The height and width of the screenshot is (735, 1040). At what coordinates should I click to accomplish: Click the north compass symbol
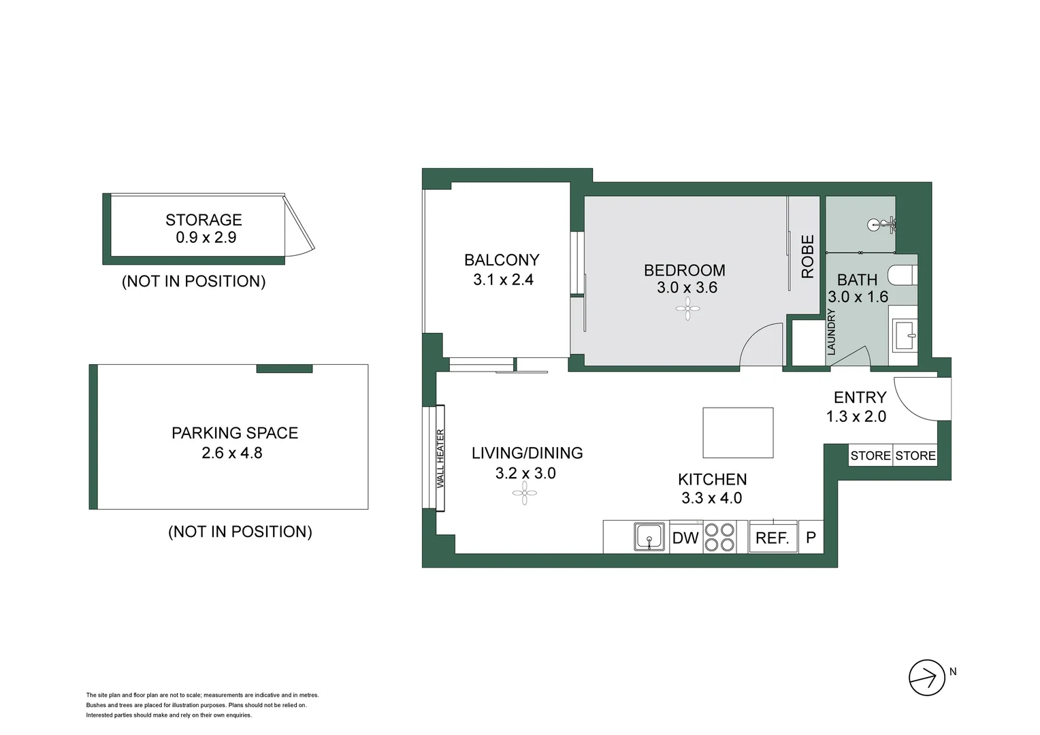coord(927,678)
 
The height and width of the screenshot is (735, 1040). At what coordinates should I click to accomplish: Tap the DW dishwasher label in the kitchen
coord(685,538)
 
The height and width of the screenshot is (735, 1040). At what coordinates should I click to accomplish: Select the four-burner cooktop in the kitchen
coord(719,537)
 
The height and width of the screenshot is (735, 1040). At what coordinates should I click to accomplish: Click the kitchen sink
coord(649,537)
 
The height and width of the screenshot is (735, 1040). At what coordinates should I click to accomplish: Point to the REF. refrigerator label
coord(773,538)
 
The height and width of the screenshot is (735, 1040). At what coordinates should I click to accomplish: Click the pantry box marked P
coord(811,538)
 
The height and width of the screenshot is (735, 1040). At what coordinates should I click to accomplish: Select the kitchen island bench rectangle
coord(738,433)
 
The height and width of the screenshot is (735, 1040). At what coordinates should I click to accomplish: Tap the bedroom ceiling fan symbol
coord(687,309)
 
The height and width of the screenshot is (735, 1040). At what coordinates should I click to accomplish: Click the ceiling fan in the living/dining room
coord(524,493)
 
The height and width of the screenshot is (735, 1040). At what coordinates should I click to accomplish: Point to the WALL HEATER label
coord(440,458)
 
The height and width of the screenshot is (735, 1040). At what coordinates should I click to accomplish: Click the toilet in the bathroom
coord(903,275)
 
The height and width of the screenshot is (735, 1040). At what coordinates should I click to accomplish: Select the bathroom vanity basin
coord(904,336)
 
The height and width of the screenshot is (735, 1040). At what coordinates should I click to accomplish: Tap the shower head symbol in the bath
coord(881,225)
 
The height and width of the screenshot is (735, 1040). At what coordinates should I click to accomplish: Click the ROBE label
coord(808,257)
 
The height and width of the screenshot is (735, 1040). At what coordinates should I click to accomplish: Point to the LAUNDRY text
coord(831,331)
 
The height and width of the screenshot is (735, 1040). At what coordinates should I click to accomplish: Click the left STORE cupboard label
coord(871,456)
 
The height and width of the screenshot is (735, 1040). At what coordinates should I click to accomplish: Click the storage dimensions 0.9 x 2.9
coord(206,238)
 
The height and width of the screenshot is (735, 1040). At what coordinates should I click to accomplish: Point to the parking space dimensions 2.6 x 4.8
coord(232,453)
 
